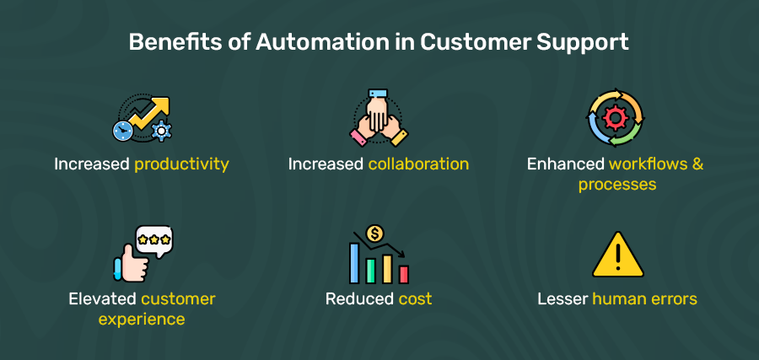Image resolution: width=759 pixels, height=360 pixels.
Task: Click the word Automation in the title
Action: (x=310, y=42)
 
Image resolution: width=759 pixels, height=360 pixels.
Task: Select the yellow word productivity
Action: (x=181, y=164)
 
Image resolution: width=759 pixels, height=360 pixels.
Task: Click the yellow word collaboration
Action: (x=418, y=164)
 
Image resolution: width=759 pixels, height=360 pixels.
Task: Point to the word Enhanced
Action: (x=566, y=164)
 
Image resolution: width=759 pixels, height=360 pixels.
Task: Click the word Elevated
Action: (x=104, y=299)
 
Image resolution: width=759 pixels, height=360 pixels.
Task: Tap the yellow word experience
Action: (x=141, y=320)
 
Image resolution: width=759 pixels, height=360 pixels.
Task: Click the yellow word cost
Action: (x=415, y=299)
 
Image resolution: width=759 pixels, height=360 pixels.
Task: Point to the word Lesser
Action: (x=563, y=299)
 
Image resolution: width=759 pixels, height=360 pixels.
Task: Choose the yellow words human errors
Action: (x=644, y=299)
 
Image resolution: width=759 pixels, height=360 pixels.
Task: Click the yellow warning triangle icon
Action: (x=617, y=255)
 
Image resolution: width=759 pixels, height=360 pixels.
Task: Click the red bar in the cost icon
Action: (x=404, y=274)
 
